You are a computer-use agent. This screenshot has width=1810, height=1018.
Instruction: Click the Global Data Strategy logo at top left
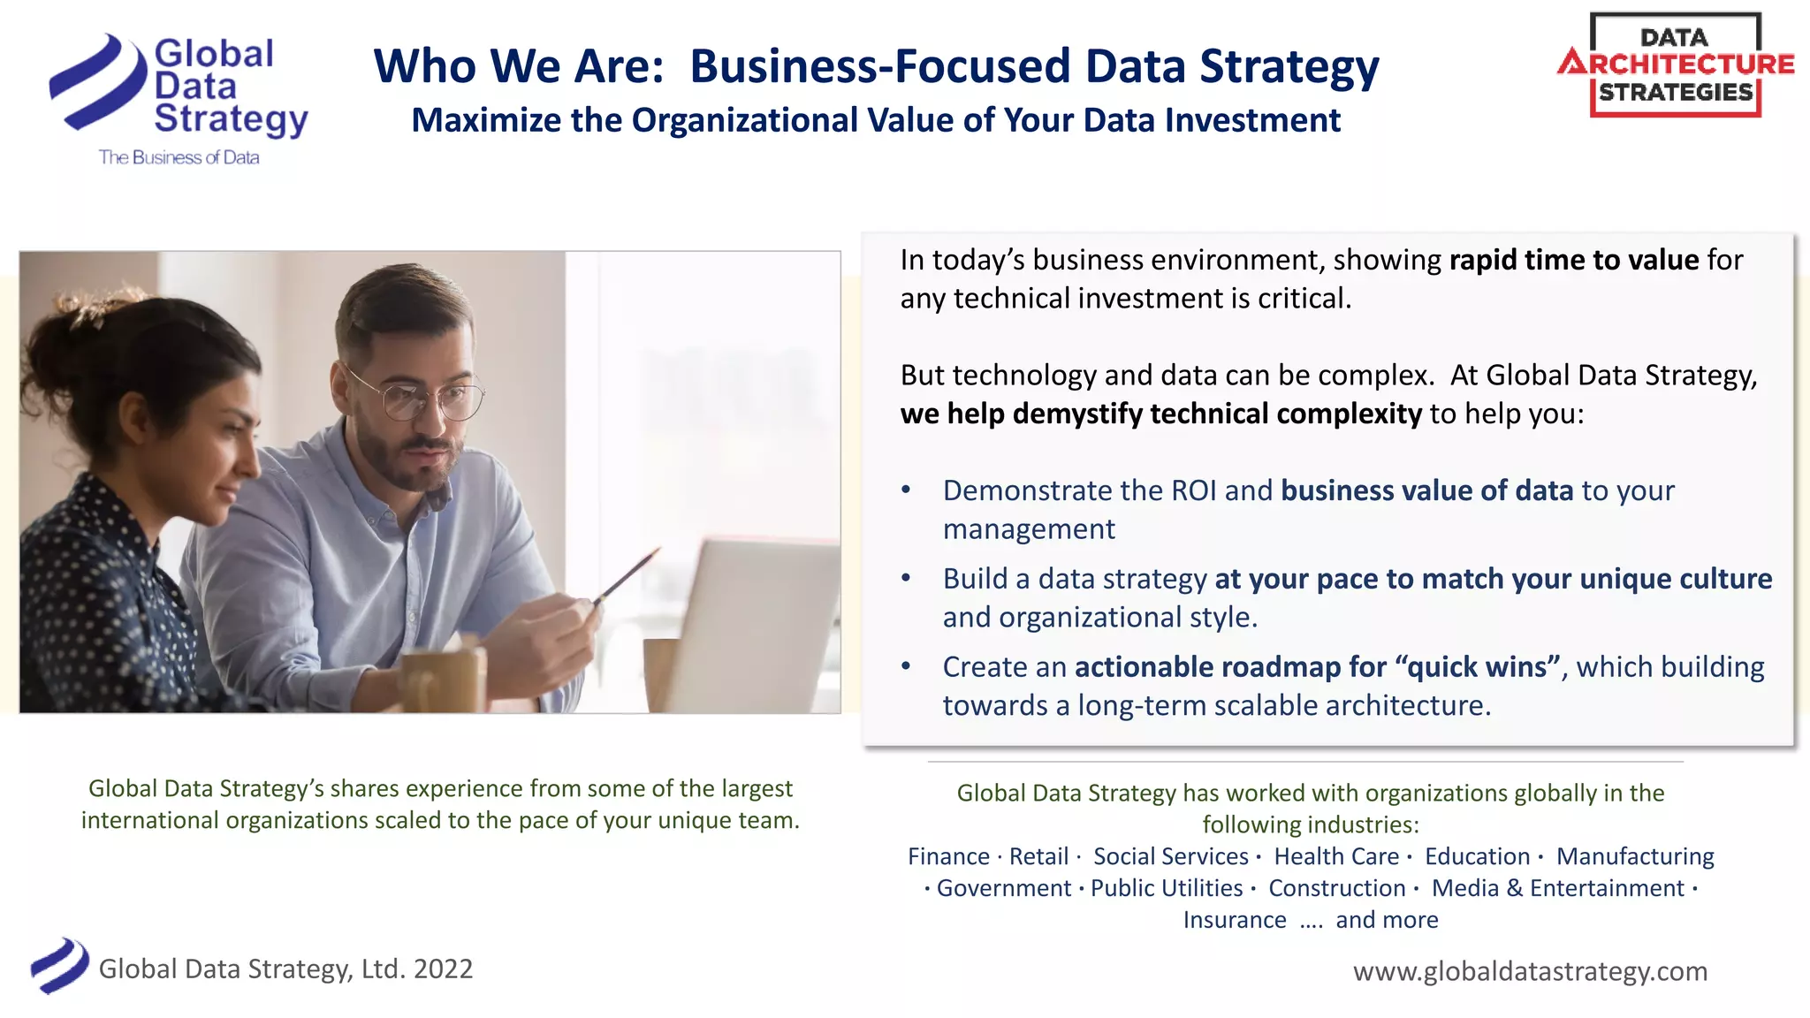pyautogui.click(x=177, y=88)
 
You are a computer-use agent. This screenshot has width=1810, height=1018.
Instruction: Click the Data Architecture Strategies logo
pyautogui.click(x=1676, y=65)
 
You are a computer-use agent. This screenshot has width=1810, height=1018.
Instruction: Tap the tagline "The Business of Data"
pyautogui.click(x=179, y=157)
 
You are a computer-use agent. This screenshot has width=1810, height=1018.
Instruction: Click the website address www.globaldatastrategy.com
pyautogui.click(x=1530, y=971)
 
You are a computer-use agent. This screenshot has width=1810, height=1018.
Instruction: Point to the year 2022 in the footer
pyautogui.click(x=443, y=969)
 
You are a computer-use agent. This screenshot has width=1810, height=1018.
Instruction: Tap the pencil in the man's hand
pyautogui.click(x=627, y=574)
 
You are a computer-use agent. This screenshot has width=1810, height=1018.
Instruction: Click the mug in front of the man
pyautogui.click(x=442, y=680)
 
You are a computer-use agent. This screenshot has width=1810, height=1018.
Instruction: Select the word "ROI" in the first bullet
pyautogui.click(x=1193, y=490)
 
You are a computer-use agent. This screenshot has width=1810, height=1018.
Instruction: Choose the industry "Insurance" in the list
pyautogui.click(x=1235, y=920)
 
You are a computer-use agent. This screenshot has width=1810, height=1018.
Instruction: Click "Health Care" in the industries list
pyautogui.click(x=1336, y=856)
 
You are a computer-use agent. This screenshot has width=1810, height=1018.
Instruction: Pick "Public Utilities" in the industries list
pyautogui.click(x=1167, y=888)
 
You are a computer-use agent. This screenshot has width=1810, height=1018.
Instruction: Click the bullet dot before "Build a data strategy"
pyautogui.click(x=906, y=578)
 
